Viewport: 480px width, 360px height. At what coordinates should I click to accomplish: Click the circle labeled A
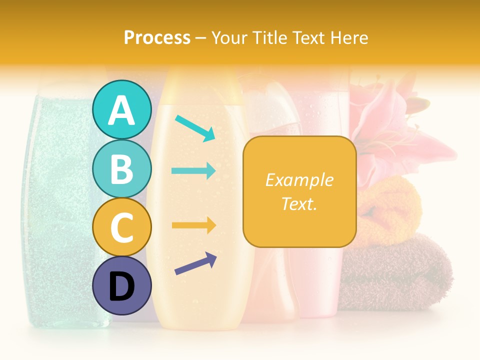[122, 109]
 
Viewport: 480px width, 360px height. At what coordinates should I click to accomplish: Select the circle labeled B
[122, 168]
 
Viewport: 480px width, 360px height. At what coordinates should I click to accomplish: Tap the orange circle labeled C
[122, 227]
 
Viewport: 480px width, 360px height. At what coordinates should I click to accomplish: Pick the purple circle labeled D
[122, 286]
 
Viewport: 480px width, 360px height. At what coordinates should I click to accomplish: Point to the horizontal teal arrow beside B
[194, 171]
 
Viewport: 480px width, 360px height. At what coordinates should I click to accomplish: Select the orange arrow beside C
[194, 225]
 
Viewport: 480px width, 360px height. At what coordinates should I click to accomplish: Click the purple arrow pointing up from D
[196, 263]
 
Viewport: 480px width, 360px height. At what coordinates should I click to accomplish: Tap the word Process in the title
[157, 37]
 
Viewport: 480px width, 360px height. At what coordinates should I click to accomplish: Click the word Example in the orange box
[299, 180]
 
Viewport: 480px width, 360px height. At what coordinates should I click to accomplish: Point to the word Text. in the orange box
[299, 203]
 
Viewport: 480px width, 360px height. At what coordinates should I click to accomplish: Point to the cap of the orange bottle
[202, 85]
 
